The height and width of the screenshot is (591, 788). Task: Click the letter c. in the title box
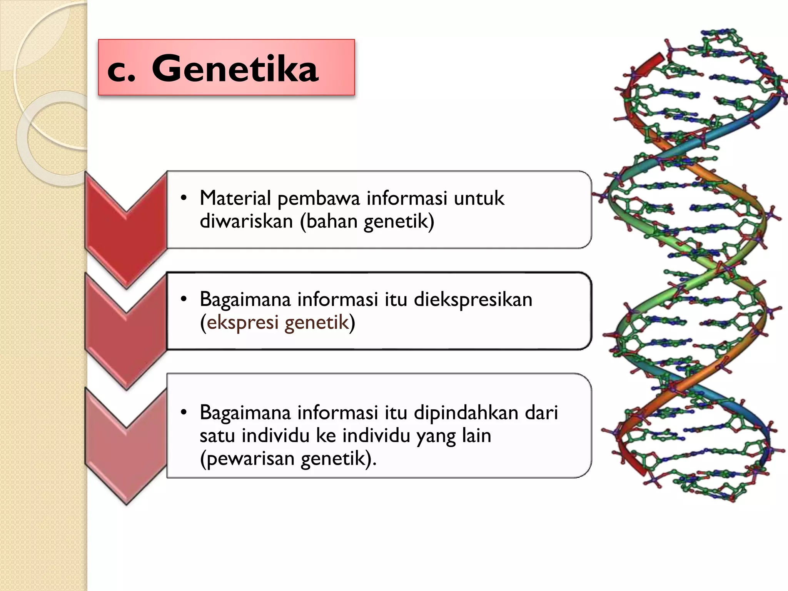(x=121, y=71)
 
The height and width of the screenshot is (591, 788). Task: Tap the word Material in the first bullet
(x=235, y=198)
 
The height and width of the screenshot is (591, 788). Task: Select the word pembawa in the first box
(x=319, y=199)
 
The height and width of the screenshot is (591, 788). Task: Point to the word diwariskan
(x=246, y=221)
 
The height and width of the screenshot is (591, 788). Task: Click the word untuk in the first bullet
(x=479, y=198)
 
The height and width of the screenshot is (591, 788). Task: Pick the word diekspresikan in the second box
(x=473, y=300)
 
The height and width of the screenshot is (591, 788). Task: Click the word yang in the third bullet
(x=436, y=436)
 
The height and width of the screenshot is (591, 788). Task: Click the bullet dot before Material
(x=184, y=198)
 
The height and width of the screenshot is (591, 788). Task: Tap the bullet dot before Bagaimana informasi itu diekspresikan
(x=184, y=299)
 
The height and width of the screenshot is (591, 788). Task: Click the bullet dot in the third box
(x=184, y=412)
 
